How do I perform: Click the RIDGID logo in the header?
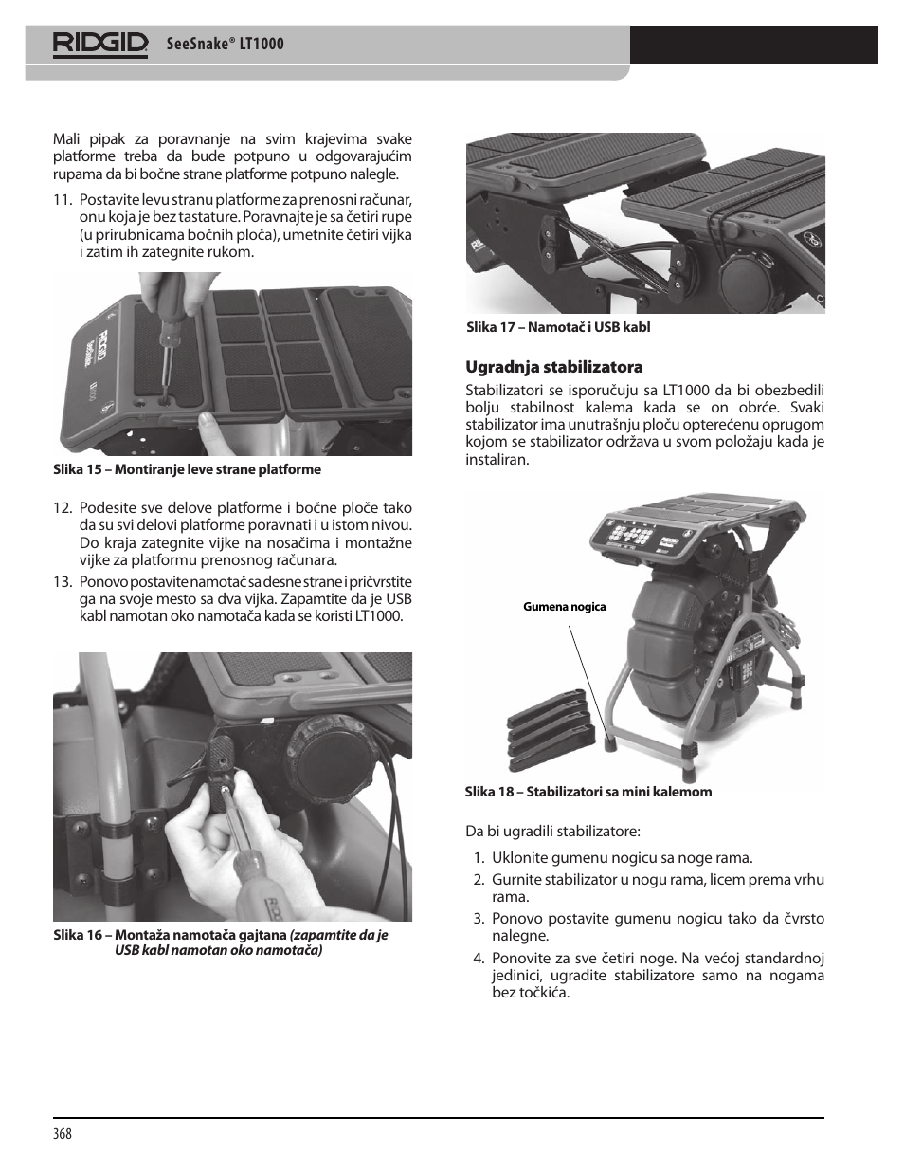coord(100,44)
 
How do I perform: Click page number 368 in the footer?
coord(63,1134)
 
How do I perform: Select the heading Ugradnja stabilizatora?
coord(540,367)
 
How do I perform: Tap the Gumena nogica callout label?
coord(564,607)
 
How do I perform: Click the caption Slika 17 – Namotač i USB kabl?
coord(558,327)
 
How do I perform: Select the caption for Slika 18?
coord(588,792)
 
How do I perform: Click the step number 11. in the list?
coord(63,200)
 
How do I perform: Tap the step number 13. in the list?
coord(63,582)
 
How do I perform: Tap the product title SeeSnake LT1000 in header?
coord(225,45)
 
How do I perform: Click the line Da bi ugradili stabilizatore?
coord(552,832)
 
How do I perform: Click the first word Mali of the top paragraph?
coord(66,140)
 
